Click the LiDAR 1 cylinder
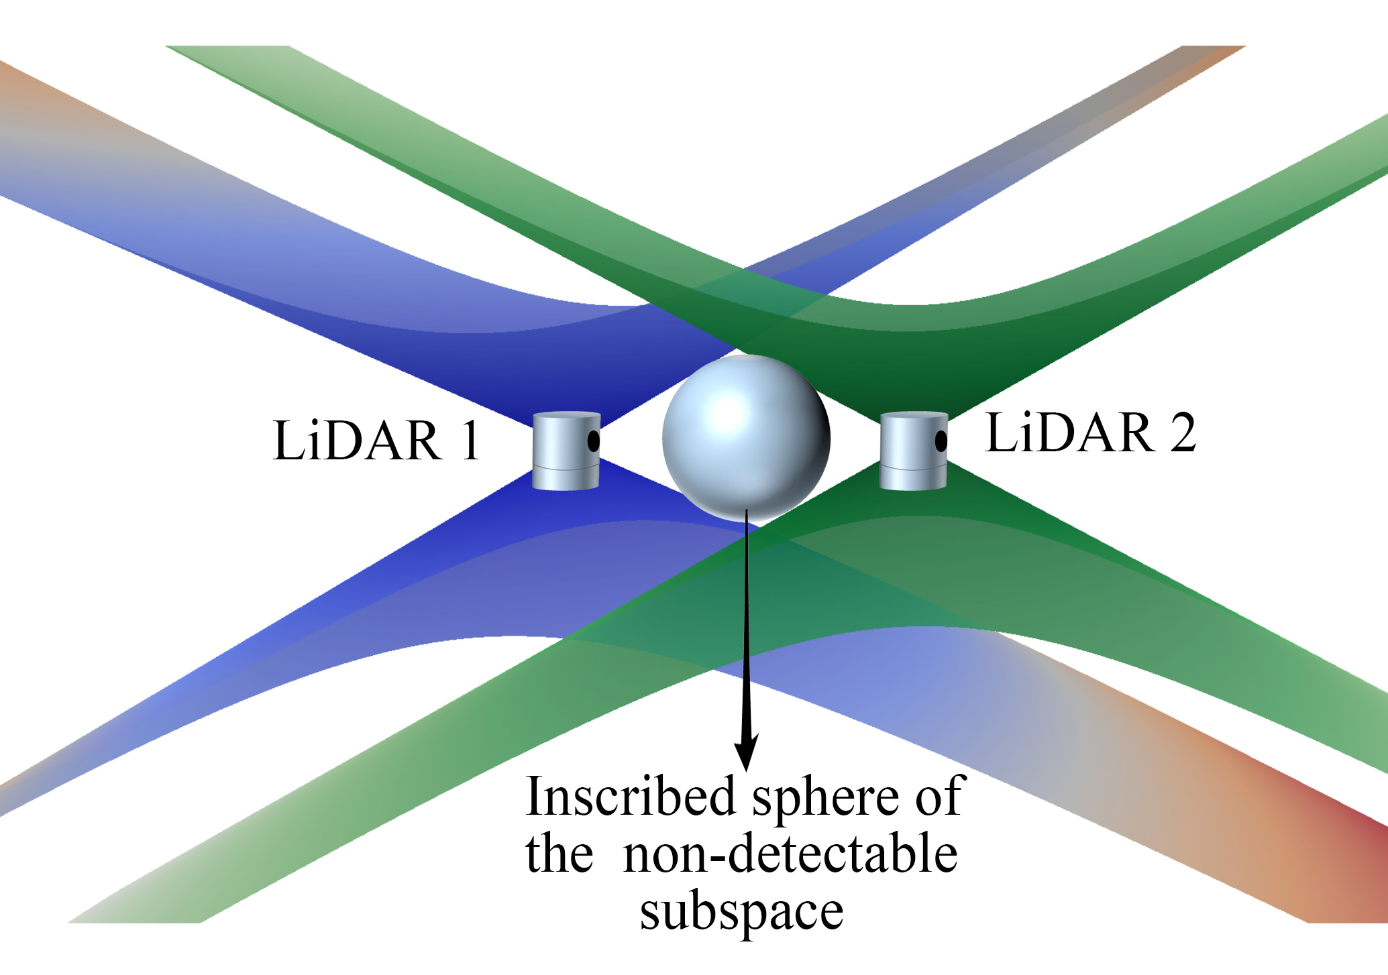[x=566, y=451]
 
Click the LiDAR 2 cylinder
[x=912, y=451]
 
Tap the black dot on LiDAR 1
[x=594, y=441]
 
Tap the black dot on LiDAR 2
[x=941, y=441]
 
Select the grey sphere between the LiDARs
[x=746, y=439]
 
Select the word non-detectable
[x=790, y=854]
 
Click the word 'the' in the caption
[x=559, y=854]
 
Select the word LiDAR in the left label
[x=357, y=441]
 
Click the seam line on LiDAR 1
[x=566, y=469]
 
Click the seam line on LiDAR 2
[x=912, y=469]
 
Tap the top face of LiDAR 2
[x=913, y=415]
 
